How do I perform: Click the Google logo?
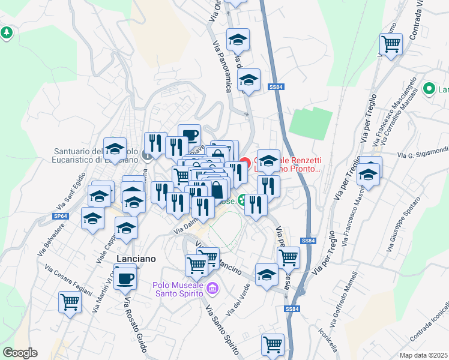tap(20, 352)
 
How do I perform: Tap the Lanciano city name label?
tap(135, 259)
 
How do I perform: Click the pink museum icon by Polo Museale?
tap(211, 290)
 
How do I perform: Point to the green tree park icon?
tap(7, 32)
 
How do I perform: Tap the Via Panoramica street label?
tap(221, 67)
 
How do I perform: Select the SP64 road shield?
tap(59, 215)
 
